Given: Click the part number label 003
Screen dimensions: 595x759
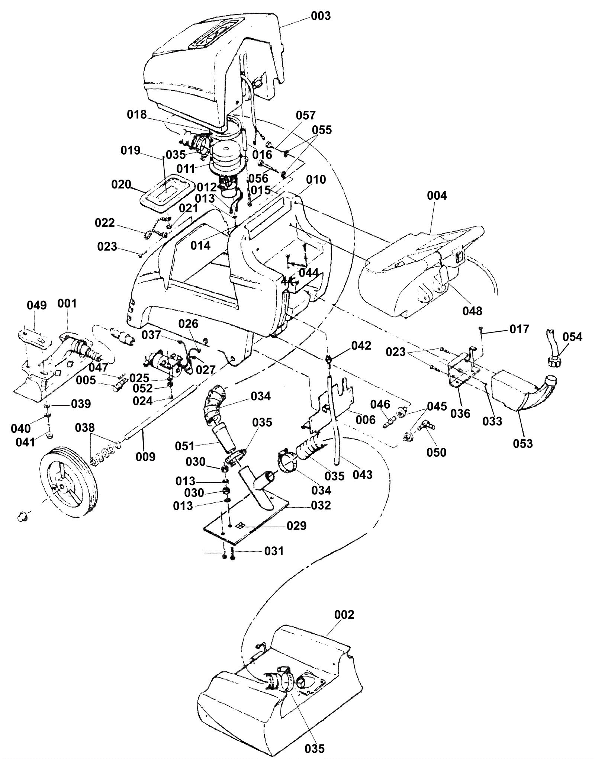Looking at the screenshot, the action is pos(321,16).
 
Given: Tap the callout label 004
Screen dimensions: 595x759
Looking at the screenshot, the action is pos(437,196).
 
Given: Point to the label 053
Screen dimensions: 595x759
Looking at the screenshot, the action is pos(523,443).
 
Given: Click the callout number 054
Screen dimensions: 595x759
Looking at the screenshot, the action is pos(572,337).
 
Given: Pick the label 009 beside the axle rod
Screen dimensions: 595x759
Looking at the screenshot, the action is pos(145,456).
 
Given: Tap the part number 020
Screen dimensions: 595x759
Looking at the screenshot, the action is pos(121,184).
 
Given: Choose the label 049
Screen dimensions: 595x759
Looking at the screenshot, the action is pos(37,305).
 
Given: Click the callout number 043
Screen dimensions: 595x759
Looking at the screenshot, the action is pos(363,475).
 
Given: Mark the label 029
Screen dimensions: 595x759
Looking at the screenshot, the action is pos(296,526).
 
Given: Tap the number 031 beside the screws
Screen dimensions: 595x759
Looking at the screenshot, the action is pos(274,551).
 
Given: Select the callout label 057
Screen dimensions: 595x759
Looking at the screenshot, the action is pos(306,115).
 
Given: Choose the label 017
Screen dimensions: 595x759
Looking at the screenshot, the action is pos(519,329).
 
